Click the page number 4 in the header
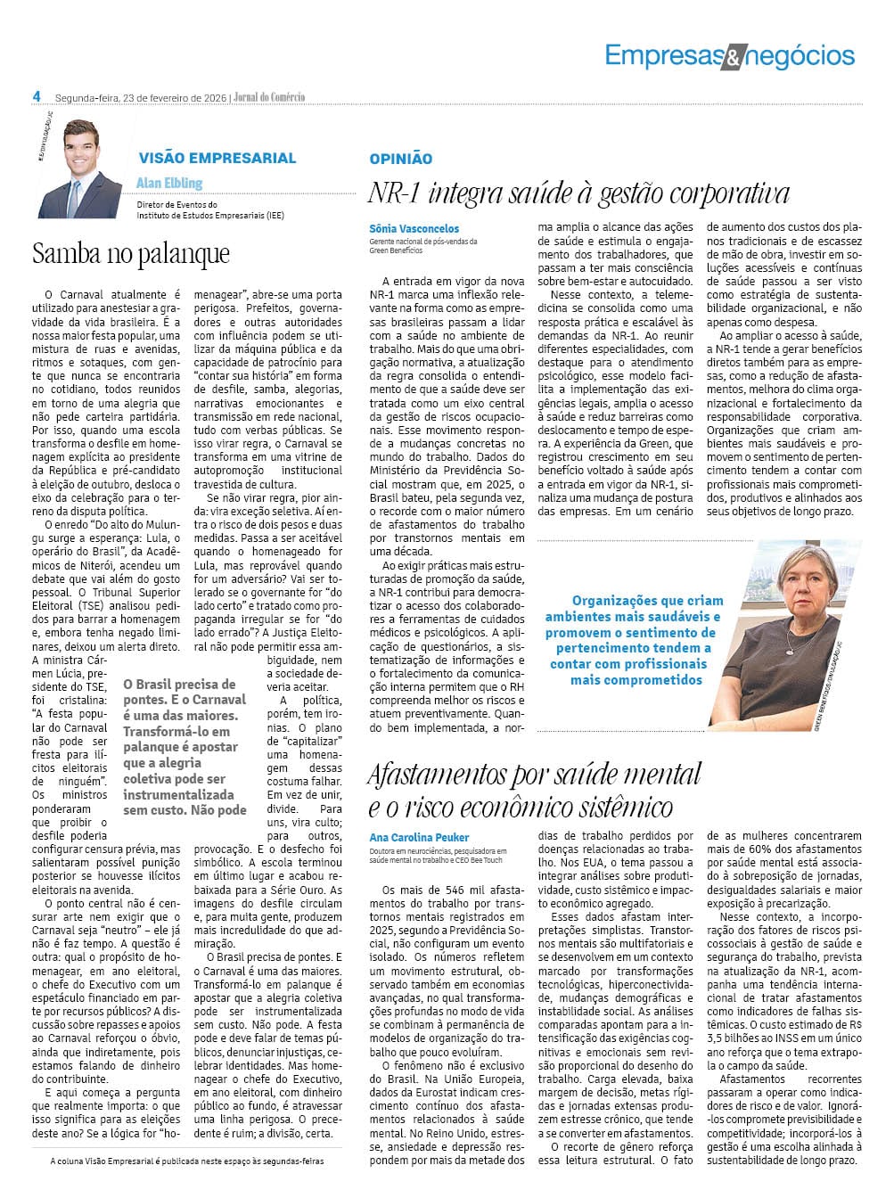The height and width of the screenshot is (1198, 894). (37, 96)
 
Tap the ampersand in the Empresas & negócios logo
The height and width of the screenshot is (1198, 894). (728, 59)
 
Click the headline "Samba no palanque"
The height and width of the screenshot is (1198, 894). (131, 254)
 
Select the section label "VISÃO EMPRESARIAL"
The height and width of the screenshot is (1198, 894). (217, 158)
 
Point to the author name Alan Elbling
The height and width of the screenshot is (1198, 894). (169, 183)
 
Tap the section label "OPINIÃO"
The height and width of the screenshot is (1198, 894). (400, 159)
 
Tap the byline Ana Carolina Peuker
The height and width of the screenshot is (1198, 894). (419, 837)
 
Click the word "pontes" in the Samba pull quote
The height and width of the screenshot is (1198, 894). (145, 701)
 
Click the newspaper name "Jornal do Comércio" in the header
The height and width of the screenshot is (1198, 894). (268, 97)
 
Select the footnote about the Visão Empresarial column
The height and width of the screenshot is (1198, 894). (187, 1161)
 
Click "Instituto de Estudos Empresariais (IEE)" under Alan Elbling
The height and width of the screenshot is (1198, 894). (210, 215)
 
